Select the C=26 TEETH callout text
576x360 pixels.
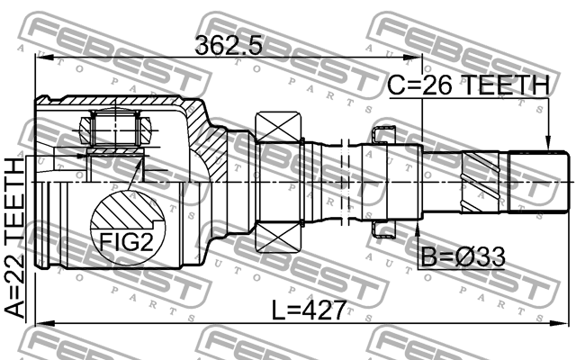(468, 85)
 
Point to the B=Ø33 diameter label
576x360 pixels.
(462, 258)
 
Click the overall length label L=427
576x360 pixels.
(309, 311)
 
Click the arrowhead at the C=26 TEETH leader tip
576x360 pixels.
(546, 143)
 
